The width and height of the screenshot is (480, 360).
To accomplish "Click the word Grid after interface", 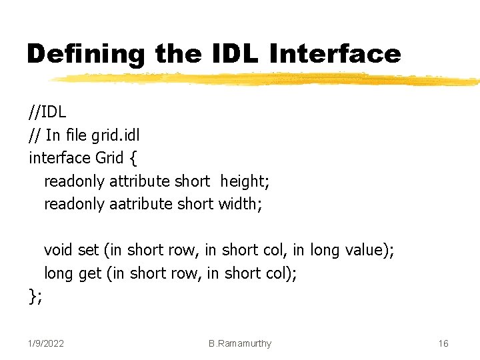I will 109,157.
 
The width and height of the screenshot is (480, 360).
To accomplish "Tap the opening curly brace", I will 133,158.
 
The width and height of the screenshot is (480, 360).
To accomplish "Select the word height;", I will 245,181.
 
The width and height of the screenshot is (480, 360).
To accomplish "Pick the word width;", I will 240,203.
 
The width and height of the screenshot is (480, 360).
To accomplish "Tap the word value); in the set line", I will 369,250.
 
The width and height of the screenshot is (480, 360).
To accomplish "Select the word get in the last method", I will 90,273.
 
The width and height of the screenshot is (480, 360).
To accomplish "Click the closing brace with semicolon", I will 36,295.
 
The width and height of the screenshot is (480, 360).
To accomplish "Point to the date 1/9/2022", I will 46,343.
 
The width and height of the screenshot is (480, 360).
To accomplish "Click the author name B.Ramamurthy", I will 240,343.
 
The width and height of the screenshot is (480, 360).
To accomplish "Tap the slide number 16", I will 443,343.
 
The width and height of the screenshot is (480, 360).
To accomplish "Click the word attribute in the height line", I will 139,181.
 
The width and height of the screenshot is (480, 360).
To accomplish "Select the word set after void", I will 88,250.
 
